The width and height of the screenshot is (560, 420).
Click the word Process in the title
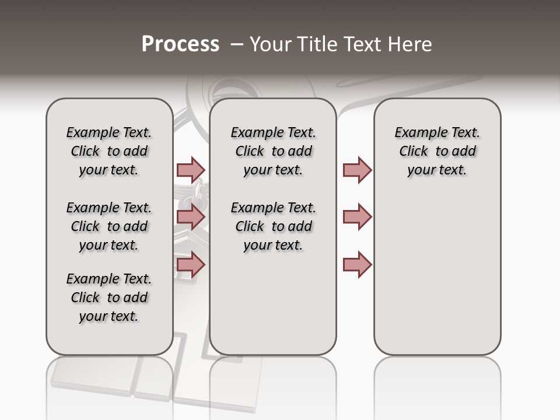pyautogui.click(x=180, y=44)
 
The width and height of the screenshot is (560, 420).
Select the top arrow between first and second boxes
pyautogui.click(x=191, y=170)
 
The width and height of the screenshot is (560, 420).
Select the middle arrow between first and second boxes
pyautogui.click(x=191, y=217)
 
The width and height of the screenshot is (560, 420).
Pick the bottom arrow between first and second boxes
pyautogui.click(x=191, y=265)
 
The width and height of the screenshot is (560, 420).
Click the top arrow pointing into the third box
pyautogui.click(x=357, y=170)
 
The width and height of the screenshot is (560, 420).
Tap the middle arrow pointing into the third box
pyautogui.click(x=357, y=217)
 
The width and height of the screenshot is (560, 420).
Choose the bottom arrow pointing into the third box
pyautogui.click(x=357, y=265)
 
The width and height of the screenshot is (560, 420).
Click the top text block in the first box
pyautogui.click(x=109, y=151)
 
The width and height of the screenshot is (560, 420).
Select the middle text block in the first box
pyautogui.click(x=109, y=226)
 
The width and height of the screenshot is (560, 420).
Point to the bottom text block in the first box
pyautogui.click(x=109, y=297)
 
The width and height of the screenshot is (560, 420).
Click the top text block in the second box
pyautogui.click(x=273, y=151)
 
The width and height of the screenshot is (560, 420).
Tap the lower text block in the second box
pyautogui.click(x=273, y=226)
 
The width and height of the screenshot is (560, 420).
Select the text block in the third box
pyautogui.click(x=437, y=151)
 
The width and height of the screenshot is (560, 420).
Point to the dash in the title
pyautogui.click(x=236, y=44)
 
